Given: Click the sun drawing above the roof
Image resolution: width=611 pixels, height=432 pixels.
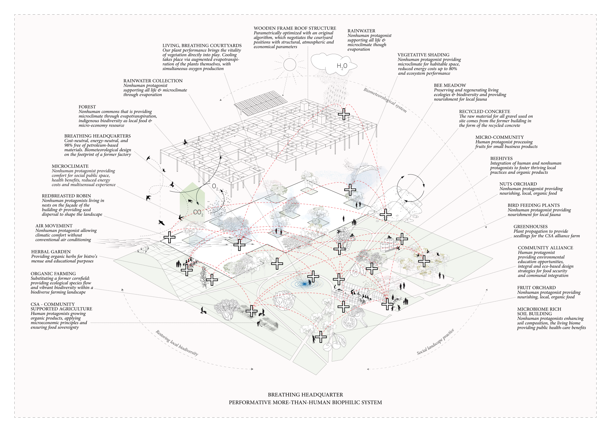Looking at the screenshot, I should pyautogui.click(x=290, y=65).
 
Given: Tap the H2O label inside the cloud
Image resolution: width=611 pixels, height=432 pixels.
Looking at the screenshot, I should pyautogui.click(x=342, y=66).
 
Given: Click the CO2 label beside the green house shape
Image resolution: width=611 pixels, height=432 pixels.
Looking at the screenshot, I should pyautogui.click(x=198, y=212).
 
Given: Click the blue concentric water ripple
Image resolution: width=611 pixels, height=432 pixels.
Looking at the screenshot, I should pyautogui.click(x=305, y=283).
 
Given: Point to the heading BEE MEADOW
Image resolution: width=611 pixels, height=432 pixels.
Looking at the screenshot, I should pyautogui.click(x=450, y=85).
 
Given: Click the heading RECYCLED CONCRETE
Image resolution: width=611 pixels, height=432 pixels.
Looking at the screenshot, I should pyautogui.click(x=484, y=111).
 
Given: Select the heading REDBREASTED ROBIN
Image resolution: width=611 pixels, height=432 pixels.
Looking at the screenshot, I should pyautogui.click(x=66, y=196).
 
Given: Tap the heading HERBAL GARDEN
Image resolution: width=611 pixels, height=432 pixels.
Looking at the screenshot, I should pyautogui.click(x=51, y=252).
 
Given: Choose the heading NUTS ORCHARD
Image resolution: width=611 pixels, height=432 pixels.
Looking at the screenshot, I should pyautogui.click(x=518, y=184).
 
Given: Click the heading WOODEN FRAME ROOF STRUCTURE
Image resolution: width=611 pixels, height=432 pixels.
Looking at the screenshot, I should pyautogui.click(x=295, y=28).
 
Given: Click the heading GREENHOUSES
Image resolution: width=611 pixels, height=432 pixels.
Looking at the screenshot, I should pyautogui.click(x=530, y=227).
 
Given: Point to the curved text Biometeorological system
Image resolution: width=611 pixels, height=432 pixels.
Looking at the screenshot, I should pyautogui.click(x=385, y=100).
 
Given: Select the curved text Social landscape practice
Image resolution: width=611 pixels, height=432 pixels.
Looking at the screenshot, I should pyautogui.click(x=435, y=342).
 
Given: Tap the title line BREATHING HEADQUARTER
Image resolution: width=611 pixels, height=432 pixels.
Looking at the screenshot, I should pyautogui.click(x=305, y=395).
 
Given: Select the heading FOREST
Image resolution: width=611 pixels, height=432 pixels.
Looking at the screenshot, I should pyautogui.click(x=87, y=107).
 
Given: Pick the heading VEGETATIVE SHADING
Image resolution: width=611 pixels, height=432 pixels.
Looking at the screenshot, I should pyautogui.click(x=423, y=55).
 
